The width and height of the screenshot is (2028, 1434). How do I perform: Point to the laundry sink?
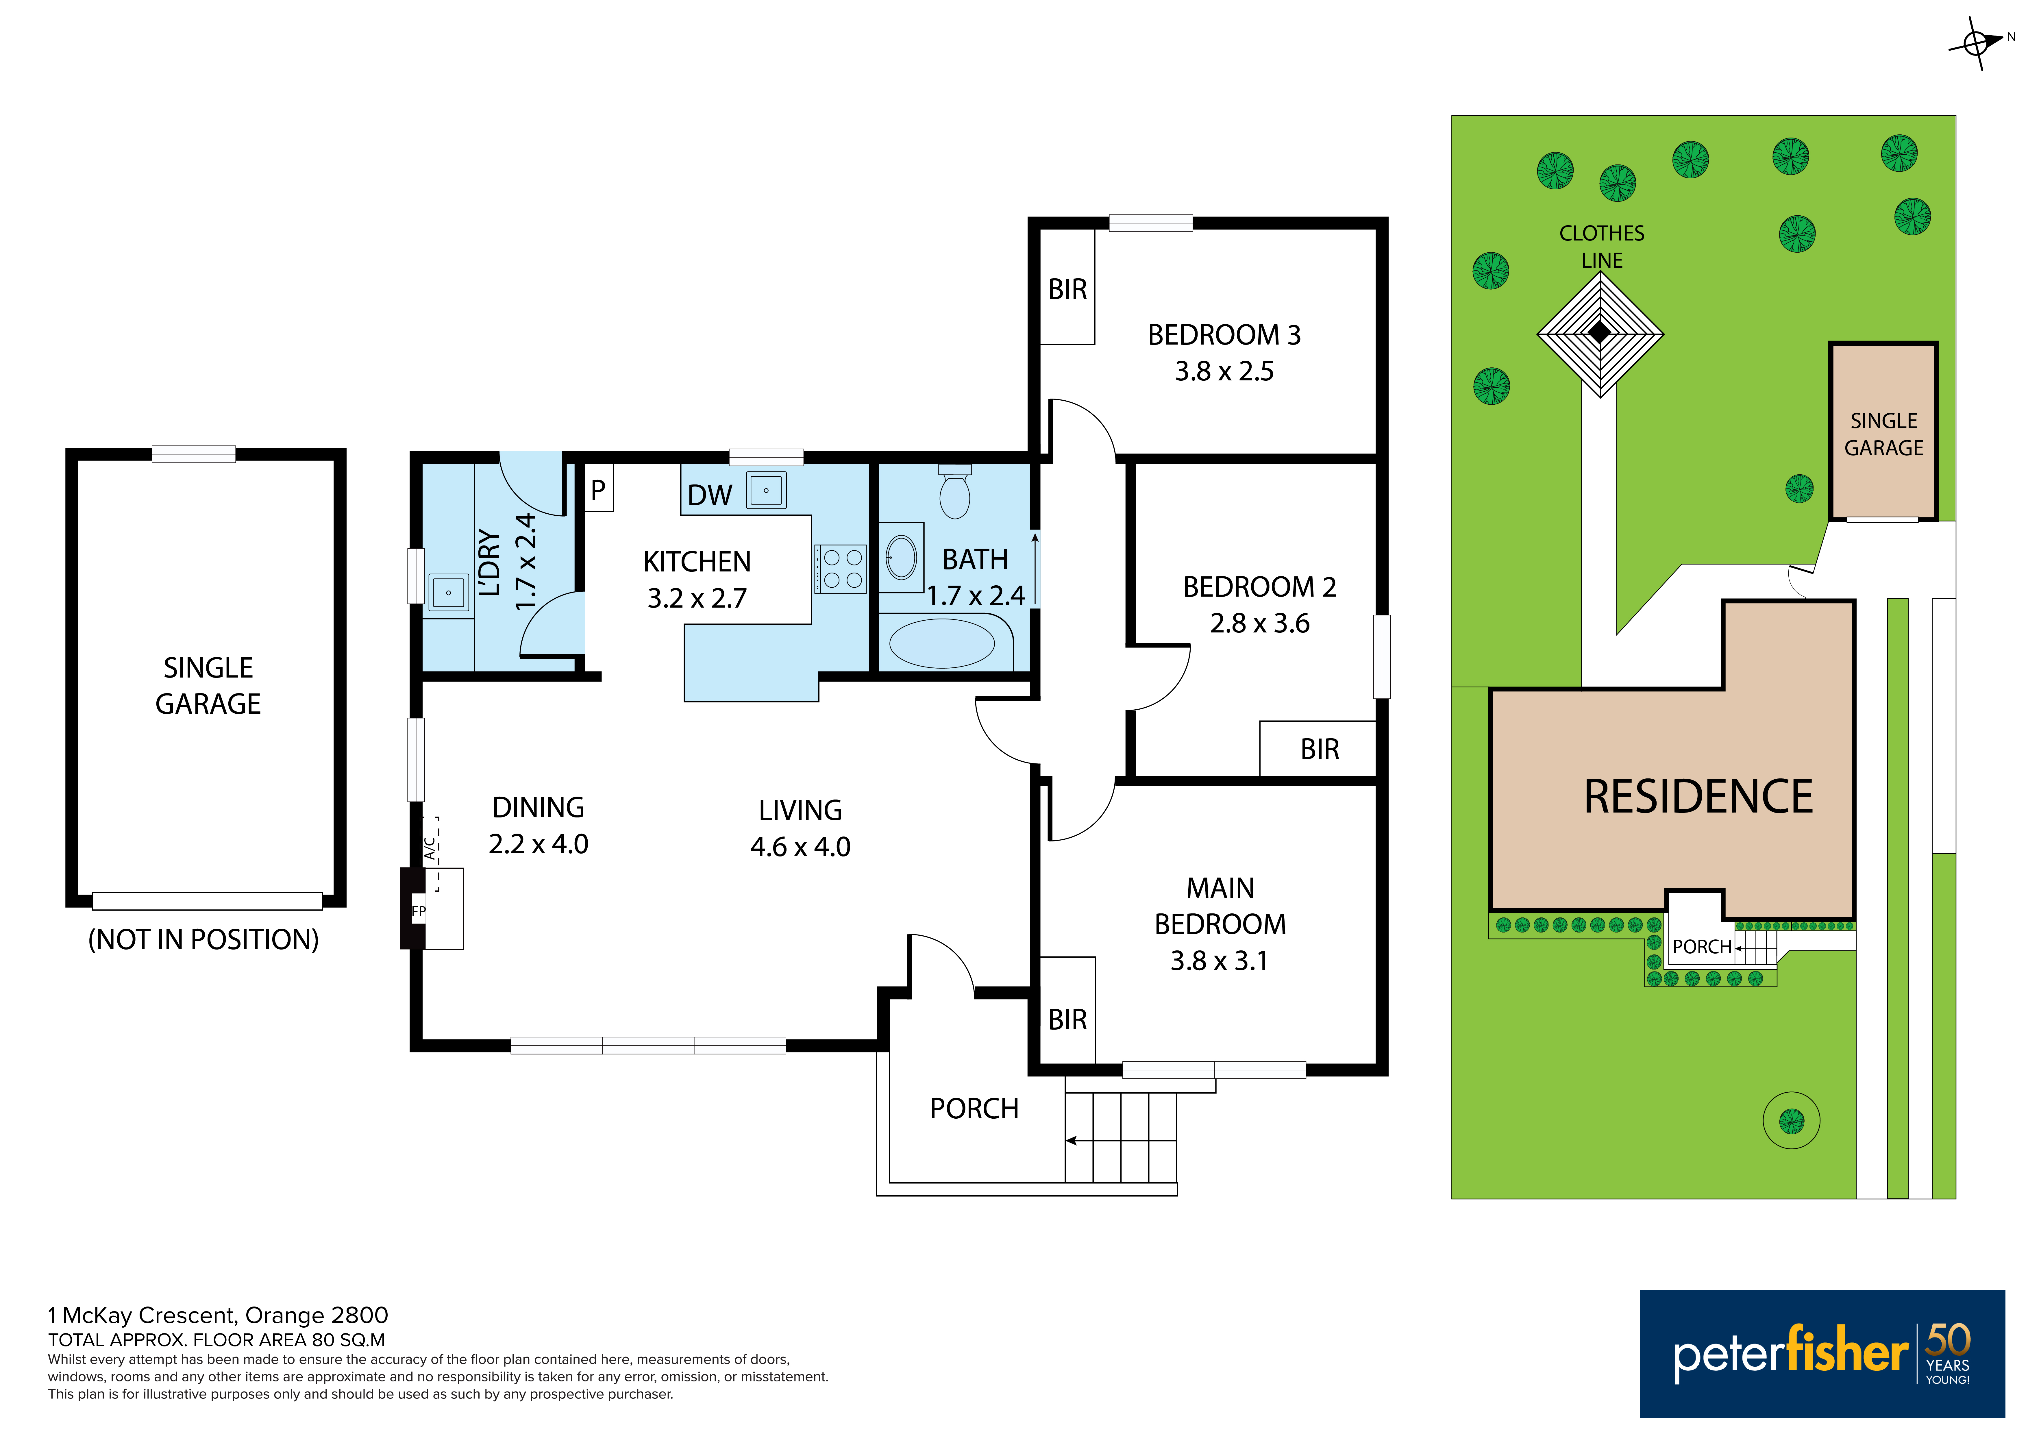(x=449, y=593)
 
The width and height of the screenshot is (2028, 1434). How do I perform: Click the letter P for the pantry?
(x=598, y=490)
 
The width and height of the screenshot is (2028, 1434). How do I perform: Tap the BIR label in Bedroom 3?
(x=1067, y=290)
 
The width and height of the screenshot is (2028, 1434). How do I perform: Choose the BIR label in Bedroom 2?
(x=1320, y=749)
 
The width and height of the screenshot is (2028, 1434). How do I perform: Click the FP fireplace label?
(x=419, y=911)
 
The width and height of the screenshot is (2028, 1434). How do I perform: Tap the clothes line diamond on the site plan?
(x=1600, y=334)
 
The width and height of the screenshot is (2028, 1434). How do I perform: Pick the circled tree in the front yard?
(x=1791, y=1120)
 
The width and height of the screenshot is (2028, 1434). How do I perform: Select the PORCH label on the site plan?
(x=1701, y=947)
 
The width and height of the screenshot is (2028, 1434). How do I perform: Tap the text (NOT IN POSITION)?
(x=203, y=939)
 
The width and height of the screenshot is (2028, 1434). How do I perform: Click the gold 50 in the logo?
(x=1948, y=1339)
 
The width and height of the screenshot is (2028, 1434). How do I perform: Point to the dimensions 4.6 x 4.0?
(x=800, y=846)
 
